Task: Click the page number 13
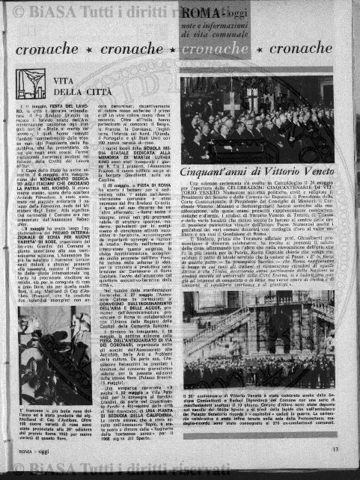pos(336,449)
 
